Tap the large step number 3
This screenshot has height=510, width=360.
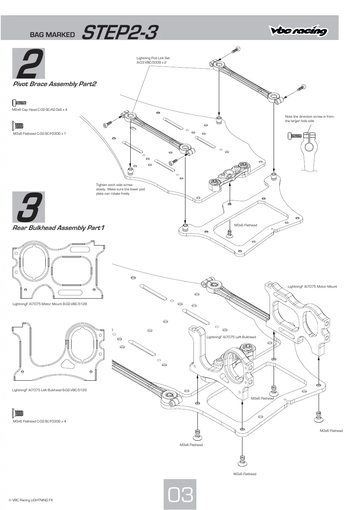pyautogui.click(x=30, y=207)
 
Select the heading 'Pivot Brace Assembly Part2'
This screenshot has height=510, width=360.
pyautogui.click(x=54, y=84)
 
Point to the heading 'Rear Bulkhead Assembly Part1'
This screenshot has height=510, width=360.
pyautogui.click(x=58, y=228)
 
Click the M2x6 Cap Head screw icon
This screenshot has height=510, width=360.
pyautogui.click(x=19, y=103)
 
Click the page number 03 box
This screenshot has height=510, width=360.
pyautogui.click(x=180, y=494)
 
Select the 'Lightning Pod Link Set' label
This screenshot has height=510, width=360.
pyautogui.click(x=153, y=58)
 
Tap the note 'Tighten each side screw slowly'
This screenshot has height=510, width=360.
pyautogui.click(x=120, y=189)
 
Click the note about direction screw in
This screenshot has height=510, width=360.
pyautogui.click(x=309, y=119)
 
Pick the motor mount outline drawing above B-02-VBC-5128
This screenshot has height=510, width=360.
pyautogui.click(x=58, y=269)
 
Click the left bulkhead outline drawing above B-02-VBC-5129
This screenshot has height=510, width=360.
pyautogui.click(x=58, y=352)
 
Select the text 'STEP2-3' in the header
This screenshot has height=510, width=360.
pyautogui.click(x=120, y=32)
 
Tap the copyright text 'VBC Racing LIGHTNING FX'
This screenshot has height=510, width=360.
pyautogui.click(x=31, y=500)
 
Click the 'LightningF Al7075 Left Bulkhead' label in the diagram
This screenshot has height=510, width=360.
pyautogui.click(x=231, y=337)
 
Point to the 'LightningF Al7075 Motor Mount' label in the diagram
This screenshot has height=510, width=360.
pyautogui.click(x=312, y=286)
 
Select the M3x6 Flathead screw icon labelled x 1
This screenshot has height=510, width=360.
pyautogui.click(x=18, y=125)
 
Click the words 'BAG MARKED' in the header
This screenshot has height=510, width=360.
pyautogui.click(x=52, y=35)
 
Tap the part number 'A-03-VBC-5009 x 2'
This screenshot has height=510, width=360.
pyautogui.click(x=151, y=62)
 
